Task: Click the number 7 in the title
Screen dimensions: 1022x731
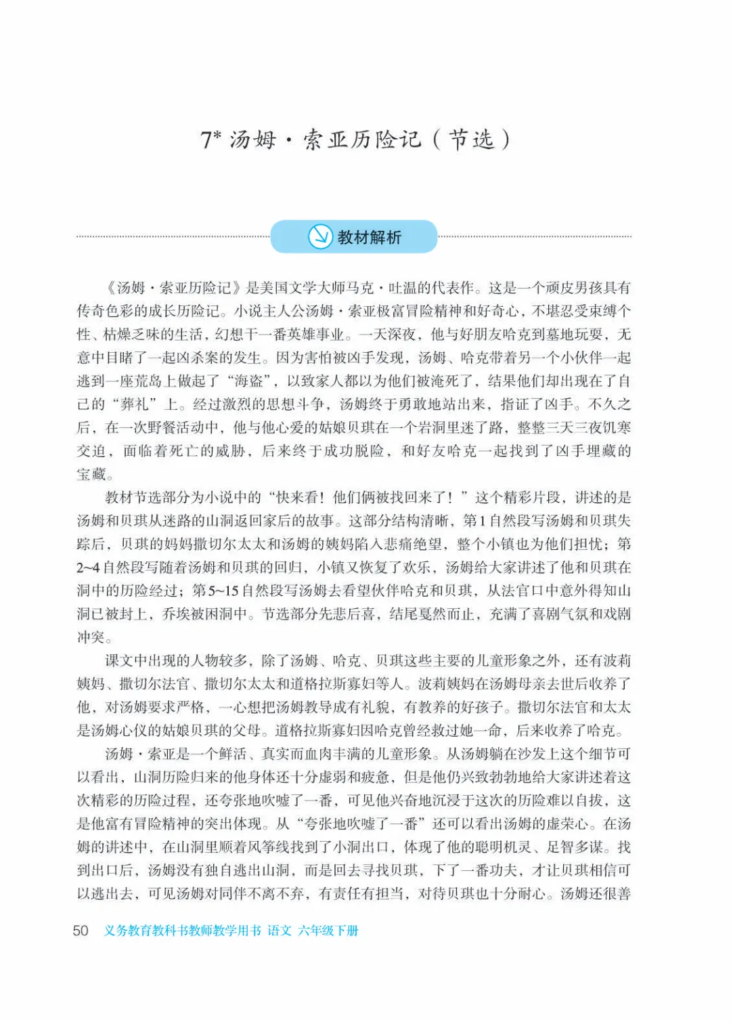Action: (x=206, y=140)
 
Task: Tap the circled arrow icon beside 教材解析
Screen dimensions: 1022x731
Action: (x=320, y=236)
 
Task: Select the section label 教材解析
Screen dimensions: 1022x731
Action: (x=369, y=237)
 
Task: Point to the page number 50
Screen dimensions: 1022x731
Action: (x=81, y=931)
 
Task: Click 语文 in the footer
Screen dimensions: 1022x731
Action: (x=280, y=931)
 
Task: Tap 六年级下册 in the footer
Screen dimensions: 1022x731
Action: (x=328, y=931)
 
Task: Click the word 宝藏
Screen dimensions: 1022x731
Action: (x=91, y=474)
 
